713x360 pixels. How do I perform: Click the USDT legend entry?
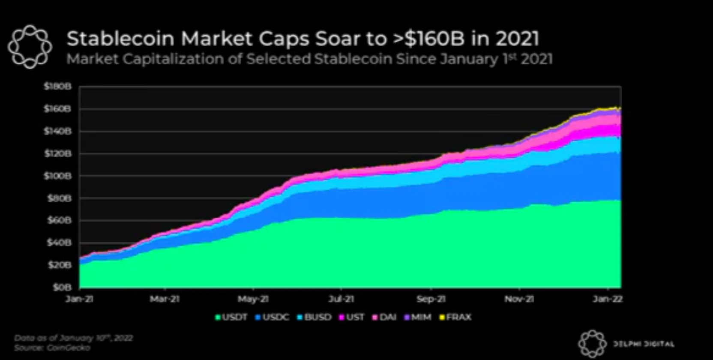click(231, 317)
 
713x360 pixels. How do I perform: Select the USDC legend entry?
click(272, 317)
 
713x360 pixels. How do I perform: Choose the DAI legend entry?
click(384, 317)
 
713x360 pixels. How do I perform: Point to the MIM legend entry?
click(418, 317)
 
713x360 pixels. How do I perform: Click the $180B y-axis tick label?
click(57, 87)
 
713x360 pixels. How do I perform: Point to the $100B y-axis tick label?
click(57, 176)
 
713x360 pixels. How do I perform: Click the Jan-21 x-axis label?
click(79, 299)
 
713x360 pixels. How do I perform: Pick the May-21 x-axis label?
click(253, 299)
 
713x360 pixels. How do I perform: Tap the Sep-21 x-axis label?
click(431, 299)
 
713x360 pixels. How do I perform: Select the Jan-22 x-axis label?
click(608, 299)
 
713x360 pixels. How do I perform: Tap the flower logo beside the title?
click(30, 46)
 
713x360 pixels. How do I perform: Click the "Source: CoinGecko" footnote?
click(52, 348)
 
